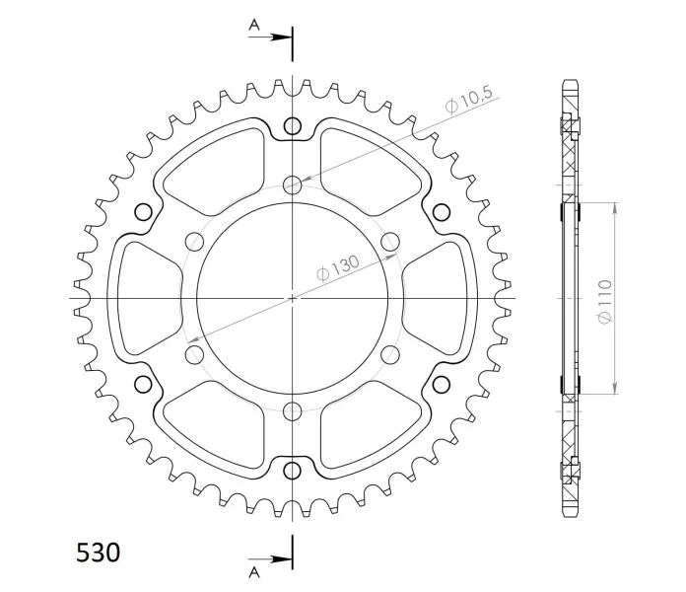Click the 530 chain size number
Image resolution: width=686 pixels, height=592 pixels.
tap(98, 553)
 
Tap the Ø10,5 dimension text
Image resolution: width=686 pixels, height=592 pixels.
tap(469, 100)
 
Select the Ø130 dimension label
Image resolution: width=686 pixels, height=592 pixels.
tap(338, 267)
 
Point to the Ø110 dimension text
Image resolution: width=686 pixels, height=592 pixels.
tap(604, 302)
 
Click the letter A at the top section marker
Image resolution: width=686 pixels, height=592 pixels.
tap(254, 25)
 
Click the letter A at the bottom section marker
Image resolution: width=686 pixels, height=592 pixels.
tap(254, 572)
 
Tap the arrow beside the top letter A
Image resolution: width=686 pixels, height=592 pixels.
tap(270, 37)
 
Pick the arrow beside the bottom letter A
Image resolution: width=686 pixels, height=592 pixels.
tap(270, 559)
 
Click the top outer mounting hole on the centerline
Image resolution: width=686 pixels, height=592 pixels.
tap(293, 126)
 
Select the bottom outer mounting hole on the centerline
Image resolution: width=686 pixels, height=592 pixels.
tap(293, 471)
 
